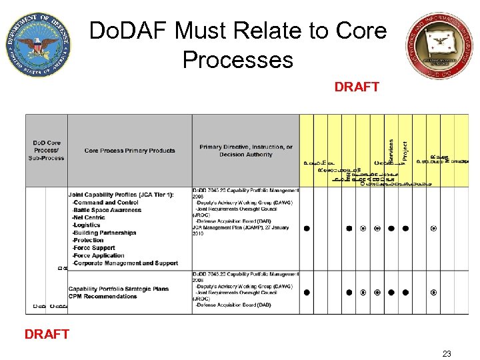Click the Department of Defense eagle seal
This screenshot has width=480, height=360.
[x=37, y=45]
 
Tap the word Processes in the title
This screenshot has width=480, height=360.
[x=237, y=60]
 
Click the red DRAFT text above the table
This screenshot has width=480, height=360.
[x=357, y=87]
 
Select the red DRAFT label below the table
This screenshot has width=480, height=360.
[x=47, y=334]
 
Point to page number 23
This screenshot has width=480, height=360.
[x=446, y=353]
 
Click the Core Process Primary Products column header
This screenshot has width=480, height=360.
[x=129, y=151]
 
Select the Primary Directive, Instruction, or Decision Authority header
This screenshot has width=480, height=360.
[x=245, y=151]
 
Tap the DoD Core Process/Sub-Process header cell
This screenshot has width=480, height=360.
[x=47, y=151]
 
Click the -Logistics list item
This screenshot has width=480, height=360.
[x=86, y=225]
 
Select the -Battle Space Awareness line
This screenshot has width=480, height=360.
[x=106, y=210]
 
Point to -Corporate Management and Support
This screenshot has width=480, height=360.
[x=125, y=263]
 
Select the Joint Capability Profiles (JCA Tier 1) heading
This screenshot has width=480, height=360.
[x=121, y=195]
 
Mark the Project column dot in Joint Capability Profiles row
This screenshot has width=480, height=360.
[x=405, y=229]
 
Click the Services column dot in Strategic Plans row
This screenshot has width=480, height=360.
[x=391, y=292]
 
